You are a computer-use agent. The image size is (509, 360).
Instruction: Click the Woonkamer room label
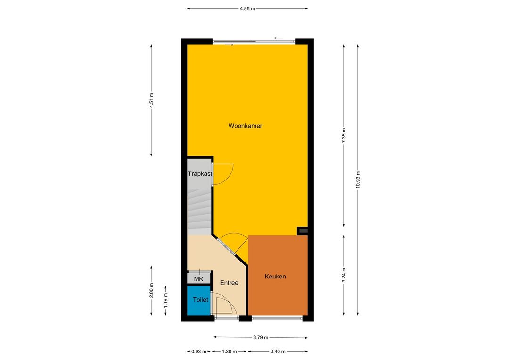pyautogui.click(x=245, y=126)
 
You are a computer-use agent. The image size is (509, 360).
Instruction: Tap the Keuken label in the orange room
pyautogui.click(x=275, y=277)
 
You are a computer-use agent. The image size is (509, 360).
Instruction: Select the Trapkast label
pyautogui.click(x=200, y=174)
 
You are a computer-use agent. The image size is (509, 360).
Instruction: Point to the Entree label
pyautogui.click(x=229, y=283)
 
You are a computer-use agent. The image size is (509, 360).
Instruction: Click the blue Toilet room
pyautogui.click(x=199, y=300)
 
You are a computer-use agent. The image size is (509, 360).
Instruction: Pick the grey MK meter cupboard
pyautogui.click(x=199, y=278)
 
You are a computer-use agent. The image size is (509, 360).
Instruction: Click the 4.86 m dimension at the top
pyautogui.click(x=247, y=9)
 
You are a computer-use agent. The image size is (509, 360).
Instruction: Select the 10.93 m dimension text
pyautogui.click(x=358, y=179)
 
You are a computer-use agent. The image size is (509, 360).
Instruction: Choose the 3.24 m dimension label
pyautogui.click(x=344, y=275)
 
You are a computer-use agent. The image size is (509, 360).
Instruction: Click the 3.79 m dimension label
pyautogui.click(x=261, y=337)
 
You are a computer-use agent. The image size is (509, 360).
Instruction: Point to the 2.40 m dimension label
pyautogui.click(x=278, y=351)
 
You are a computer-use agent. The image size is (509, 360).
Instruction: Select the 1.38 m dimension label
pyautogui.click(x=229, y=351)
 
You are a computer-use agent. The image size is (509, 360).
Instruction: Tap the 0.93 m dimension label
pyautogui.click(x=199, y=351)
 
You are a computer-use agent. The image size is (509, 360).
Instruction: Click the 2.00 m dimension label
pyautogui.click(x=151, y=290)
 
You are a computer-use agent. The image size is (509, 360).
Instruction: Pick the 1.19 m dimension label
pyautogui.click(x=165, y=300)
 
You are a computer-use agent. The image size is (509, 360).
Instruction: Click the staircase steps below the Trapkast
pyautogui.click(x=199, y=211)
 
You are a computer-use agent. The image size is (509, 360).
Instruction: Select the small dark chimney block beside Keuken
pyautogui.click(x=303, y=231)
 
